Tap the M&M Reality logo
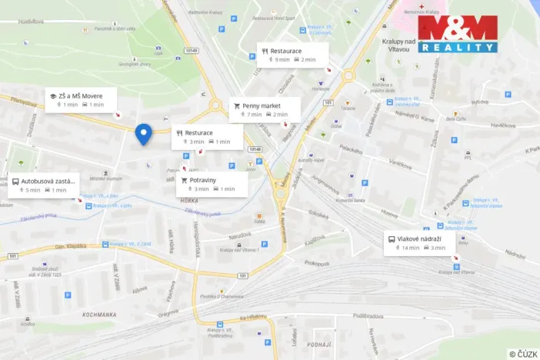click(458, 35)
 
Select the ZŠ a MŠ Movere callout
click(81, 99)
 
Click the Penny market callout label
click(265, 110)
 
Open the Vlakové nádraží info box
click(425, 243)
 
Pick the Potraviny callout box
click(212, 184)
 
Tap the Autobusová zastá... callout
click(44, 185)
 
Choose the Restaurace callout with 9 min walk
click(293, 55)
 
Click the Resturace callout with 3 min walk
click(208, 137)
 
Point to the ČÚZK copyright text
click(523, 354)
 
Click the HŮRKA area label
click(188, 200)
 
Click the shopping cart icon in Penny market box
click(237, 106)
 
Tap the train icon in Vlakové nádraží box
click(392, 239)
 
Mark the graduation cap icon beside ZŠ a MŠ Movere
click(53, 96)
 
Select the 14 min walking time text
click(411, 248)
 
